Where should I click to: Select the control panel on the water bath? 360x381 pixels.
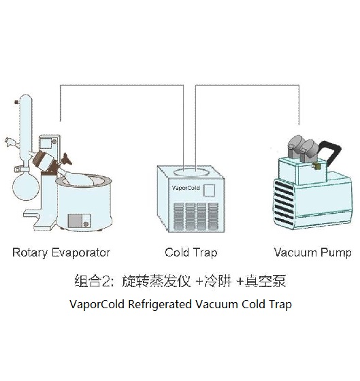[80, 220]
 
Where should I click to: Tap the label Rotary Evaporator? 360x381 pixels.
[61, 253]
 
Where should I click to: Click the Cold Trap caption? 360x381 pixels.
[191, 253]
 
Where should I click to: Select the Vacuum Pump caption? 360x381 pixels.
[312, 253]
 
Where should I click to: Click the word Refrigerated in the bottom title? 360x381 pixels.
[161, 304]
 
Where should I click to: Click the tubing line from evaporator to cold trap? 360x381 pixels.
[122, 86]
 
